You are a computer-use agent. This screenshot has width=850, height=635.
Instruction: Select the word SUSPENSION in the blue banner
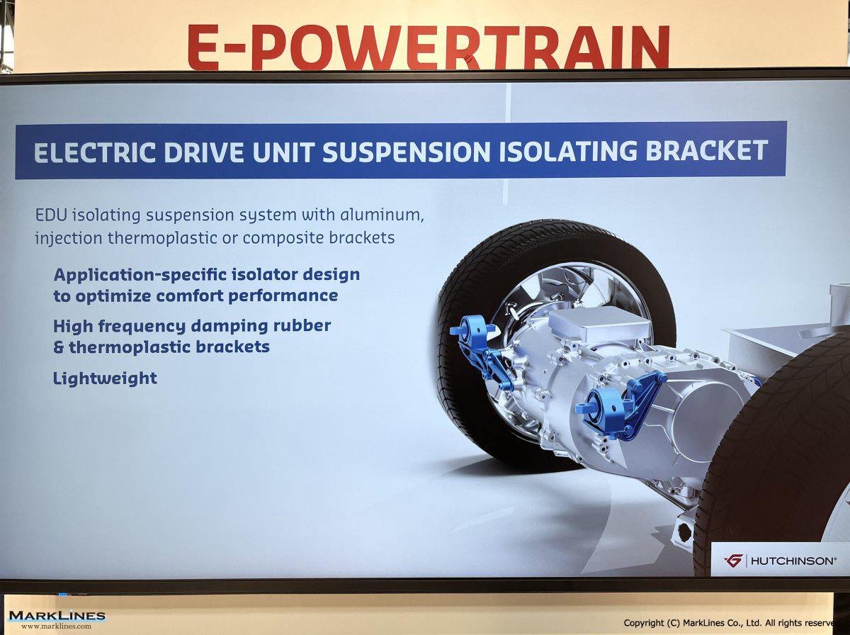[x=407, y=152]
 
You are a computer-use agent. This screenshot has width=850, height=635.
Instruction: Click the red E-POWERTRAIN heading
[x=429, y=47]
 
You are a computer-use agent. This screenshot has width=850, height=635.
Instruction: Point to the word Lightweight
[x=105, y=378]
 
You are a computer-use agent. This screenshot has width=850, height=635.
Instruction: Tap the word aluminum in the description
[x=382, y=214]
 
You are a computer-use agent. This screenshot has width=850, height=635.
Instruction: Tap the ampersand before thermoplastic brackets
[x=59, y=347]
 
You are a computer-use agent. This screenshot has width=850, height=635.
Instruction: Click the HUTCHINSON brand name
[x=793, y=561]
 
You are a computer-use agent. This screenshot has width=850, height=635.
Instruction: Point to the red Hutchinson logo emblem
[x=733, y=561]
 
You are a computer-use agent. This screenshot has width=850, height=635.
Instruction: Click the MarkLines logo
[x=57, y=616]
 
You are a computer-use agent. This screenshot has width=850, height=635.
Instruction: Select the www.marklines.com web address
[x=57, y=626]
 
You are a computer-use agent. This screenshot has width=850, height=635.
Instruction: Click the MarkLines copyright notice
[x=732, y=623]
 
